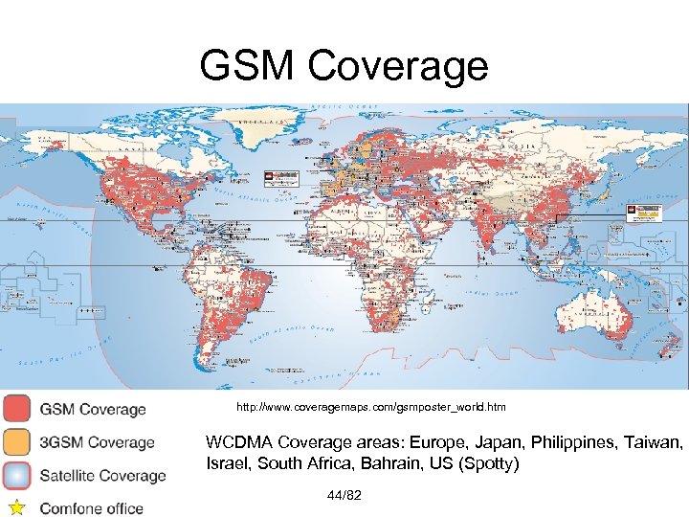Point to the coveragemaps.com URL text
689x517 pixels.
[x=372, y=408]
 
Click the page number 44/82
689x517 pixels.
[x=343, y=495]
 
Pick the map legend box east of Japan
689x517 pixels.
[x=642, y=212]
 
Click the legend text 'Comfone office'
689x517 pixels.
[x=92, y=507]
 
